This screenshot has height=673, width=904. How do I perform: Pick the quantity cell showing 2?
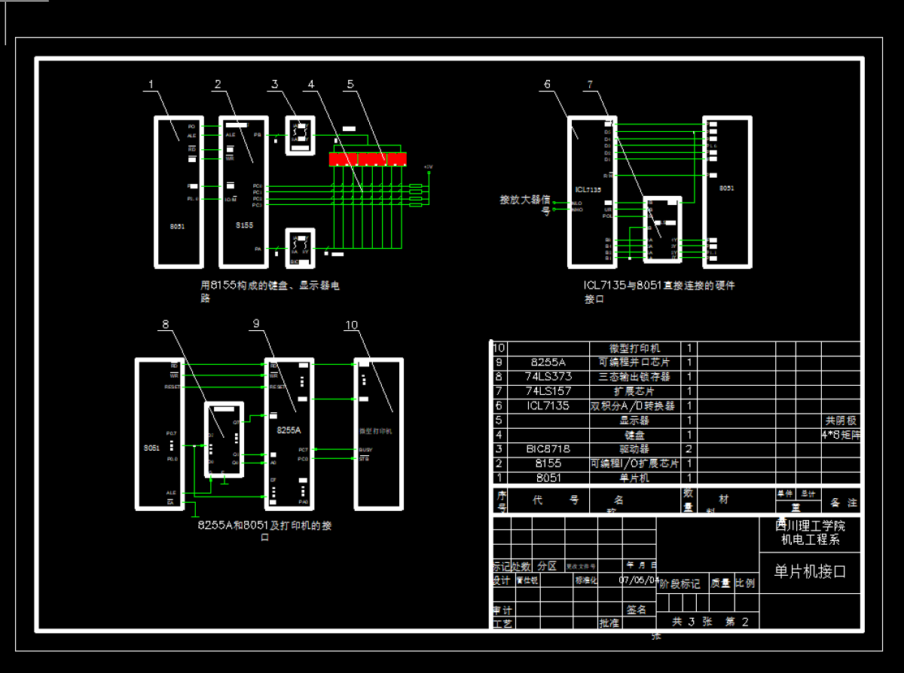(x=689, y=448)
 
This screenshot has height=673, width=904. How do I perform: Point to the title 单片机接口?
(x=810, y=572)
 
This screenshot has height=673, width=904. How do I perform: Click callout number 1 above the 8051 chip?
(x=151, y=85)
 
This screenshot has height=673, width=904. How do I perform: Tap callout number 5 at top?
(x=350, y=85)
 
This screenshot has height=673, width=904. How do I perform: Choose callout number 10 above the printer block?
(x=351, y=325)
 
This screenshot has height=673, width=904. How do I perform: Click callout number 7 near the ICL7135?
(x=590, y=85)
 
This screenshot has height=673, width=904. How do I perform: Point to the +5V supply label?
(x=428, y=167)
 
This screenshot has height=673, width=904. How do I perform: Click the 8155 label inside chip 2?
(x=244, y=225)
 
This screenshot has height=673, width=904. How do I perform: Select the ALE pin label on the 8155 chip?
(x=231, y=135)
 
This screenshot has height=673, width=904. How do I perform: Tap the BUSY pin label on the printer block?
(x=365, y=450)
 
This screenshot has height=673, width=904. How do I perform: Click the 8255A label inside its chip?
(x=289, y=430)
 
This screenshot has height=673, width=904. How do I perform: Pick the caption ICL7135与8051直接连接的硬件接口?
(x=658, y=292)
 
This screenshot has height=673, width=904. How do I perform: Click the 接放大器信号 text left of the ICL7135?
(x=525, y=204)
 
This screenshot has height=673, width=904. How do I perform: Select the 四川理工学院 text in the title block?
(x=810, y=525)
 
